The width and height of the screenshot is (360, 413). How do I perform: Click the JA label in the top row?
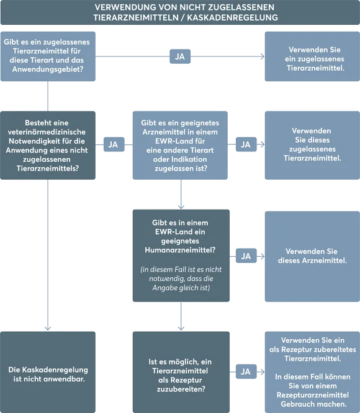(x=180, y=56)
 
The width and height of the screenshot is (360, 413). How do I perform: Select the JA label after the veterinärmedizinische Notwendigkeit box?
(x=113, y=144)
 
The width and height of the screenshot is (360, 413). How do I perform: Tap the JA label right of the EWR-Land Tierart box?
(x=246, y=144)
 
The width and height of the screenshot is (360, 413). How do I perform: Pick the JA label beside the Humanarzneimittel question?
(x=246, y=255)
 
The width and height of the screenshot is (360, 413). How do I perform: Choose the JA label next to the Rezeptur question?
(x=246, y=371)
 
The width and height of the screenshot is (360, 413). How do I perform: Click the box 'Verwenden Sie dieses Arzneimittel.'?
(x=312, y=255)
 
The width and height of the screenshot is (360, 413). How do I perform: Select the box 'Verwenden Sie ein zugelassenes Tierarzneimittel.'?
(x=312, y=56)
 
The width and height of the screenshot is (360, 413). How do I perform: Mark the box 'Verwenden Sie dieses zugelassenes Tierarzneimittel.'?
(x=312, y=144)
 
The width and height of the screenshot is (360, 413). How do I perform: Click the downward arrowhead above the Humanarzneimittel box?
(x=181, y=205)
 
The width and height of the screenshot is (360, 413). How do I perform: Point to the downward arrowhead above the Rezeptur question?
(x=181, y=327)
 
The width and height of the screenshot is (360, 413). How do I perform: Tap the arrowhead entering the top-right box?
(x=261, y=56)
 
